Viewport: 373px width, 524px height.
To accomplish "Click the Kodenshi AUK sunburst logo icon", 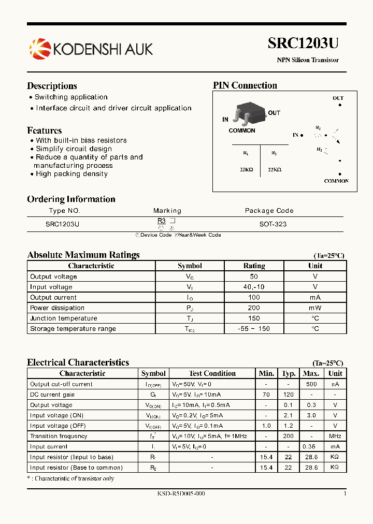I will (x=40, y=49).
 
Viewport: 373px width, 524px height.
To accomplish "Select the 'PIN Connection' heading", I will (x=245, y=85).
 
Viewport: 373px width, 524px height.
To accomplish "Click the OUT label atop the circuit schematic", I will (x=338, y=98).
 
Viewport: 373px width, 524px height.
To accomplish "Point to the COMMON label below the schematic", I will (x=336, y=181).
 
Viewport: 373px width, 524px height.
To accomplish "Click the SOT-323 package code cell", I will (x=273, y=224).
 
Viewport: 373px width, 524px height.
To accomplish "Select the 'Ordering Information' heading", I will (x=71, y=199).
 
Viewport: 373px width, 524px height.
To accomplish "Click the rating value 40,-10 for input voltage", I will (x=254, y=287).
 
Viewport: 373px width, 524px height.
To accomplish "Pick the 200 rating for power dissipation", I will (x=254, y=308).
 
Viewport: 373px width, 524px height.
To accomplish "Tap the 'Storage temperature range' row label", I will (x=73, y=329).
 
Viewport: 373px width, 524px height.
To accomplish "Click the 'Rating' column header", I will (x=254, y=266).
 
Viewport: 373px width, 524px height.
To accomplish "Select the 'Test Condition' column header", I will (x=212, y=373).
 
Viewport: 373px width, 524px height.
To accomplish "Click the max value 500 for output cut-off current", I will (x=311, y=384).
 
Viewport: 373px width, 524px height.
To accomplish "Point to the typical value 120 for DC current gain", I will (x=288, y=395).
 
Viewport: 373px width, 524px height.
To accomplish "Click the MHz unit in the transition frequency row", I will (x=335, y=436).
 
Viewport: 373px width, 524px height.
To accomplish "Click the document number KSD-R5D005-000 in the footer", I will (x=181, y=493).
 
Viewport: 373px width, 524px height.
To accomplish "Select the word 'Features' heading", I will (x=45, y=130).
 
